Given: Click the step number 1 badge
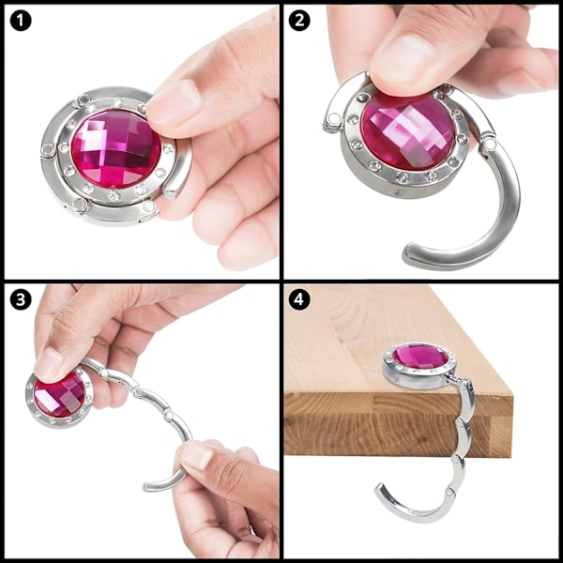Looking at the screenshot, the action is [21, 21].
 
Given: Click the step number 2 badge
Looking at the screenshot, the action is [299, 21].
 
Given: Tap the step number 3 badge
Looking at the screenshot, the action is [21, 299].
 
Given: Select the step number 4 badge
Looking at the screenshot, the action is [299, 299].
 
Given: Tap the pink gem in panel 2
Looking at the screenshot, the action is [408, 131].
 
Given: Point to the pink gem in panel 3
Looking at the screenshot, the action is [60, 395].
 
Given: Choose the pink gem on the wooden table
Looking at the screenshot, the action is [420, 356].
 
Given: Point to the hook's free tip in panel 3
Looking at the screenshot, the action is [147, 487].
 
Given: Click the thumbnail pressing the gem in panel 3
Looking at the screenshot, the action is [48, 363].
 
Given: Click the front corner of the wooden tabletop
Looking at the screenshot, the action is [512, 394].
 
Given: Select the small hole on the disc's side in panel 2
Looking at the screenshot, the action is [396, 193].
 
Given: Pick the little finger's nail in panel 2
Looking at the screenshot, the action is [518, 81].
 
